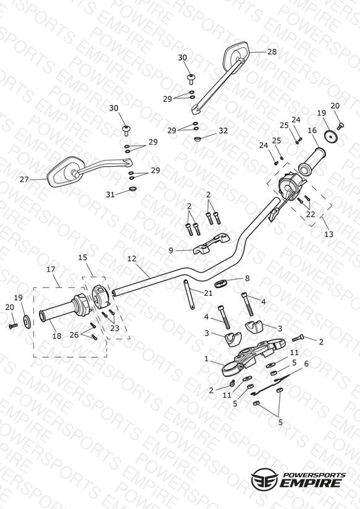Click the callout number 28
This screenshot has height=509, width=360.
pyautogui.click(x=272, y=52)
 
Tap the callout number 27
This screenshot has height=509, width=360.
pyautogui.click(x=24, y=179)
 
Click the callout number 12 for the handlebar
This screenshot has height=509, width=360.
pyautogui.click(x=132, y=259)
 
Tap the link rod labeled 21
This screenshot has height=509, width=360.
pyautogui.click(x=188, y=295)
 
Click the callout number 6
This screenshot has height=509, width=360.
pyautogui.click(x=306, y=364)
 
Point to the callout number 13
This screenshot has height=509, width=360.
pyautogui.click(x=329, y=233)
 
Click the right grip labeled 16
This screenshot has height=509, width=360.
pyautogui.click(x=312, y=161)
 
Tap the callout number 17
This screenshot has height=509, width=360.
pyautogui.click(x=51, y=269)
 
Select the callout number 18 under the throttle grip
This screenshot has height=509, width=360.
pyautogui.click(x=57, y=336)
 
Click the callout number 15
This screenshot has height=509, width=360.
pyautogui.click(x=83, y=258)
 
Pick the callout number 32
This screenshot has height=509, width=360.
pyautogui.click(x=223, y=131)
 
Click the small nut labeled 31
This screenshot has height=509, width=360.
pyautogui.click(x=133, y=188)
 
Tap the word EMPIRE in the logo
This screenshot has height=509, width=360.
pyautogui.click(x=312, y=482)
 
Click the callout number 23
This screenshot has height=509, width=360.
pyautogui.click(x=115, y=328)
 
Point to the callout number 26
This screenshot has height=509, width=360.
pyautogui.click(x=74, y=335)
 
